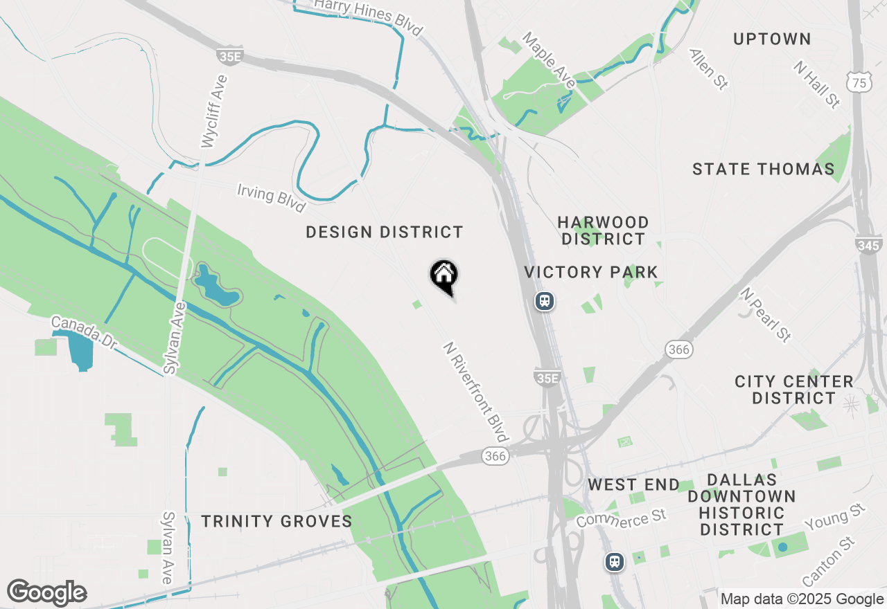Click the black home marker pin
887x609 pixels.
pos(443,275)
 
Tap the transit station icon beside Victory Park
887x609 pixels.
pos(545,301)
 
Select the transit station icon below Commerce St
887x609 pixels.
pos(614,561)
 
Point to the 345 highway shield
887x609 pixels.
pos(868,245)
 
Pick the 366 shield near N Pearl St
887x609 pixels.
pos(679,349)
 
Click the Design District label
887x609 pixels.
pos(385,232)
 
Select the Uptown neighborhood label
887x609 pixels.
pos(772,39)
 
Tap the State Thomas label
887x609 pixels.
pos(764,169)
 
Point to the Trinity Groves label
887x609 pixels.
pos(277,521)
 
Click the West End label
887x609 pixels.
pos(633,484)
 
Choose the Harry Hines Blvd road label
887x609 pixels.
pos(368,17)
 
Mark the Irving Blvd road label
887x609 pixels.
pos(271,198)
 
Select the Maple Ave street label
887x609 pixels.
pos(549,60)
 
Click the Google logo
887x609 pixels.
pos(46,592)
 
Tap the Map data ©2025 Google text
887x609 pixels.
pos(802,599)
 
